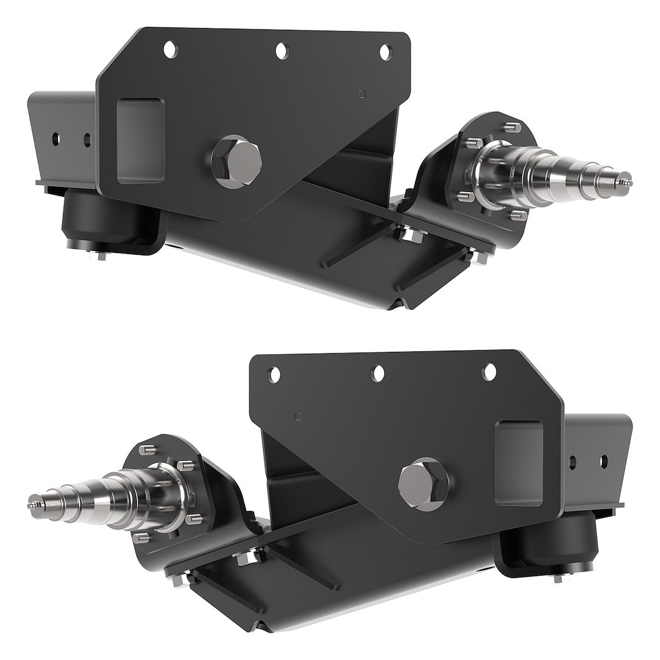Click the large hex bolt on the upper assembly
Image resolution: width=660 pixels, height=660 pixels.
(x=237, y=157)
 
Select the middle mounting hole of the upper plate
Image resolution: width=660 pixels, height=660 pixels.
(x=281, y=51)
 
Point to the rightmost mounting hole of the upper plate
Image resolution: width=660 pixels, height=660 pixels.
(x=385, y=53)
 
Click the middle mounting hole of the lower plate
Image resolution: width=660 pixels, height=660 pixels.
(x=380, y=372)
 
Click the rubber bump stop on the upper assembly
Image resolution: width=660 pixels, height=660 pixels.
(x=98, y=220)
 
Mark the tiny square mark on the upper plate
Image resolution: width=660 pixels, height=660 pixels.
(x=362, y=94)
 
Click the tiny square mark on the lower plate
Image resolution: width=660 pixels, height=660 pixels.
(x=298, y=417)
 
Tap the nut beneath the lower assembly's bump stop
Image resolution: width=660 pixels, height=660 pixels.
(x=557, y=578)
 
